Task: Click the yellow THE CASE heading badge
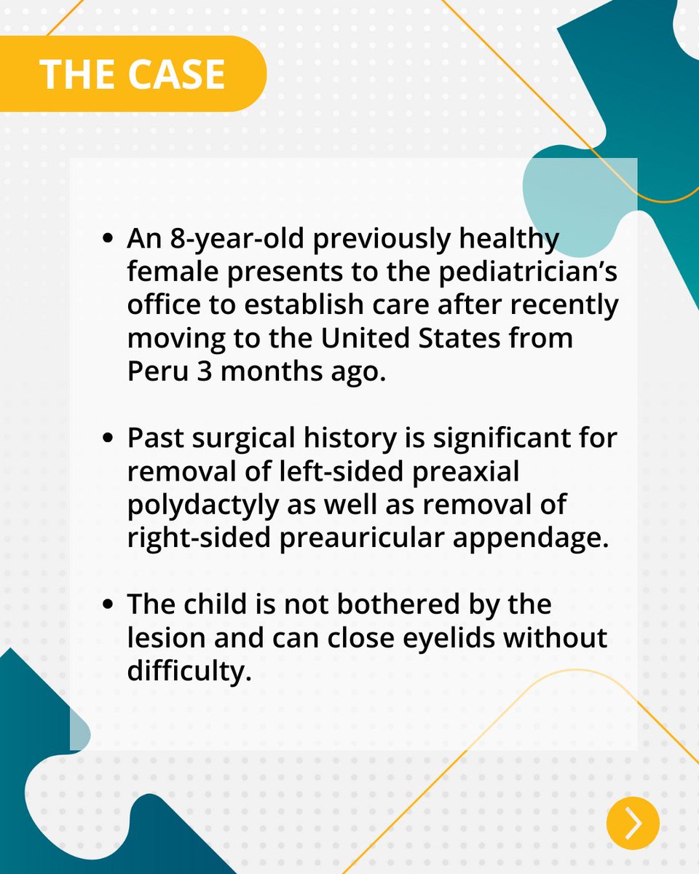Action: pyautogui.click(x=133, y=74)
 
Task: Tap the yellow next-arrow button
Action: pyautogui.click(x=633, y=823)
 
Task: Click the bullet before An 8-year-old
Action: pyautogui.click(x=108, y=239)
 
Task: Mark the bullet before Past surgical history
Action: pyautogui.click(x=108, y=439)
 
